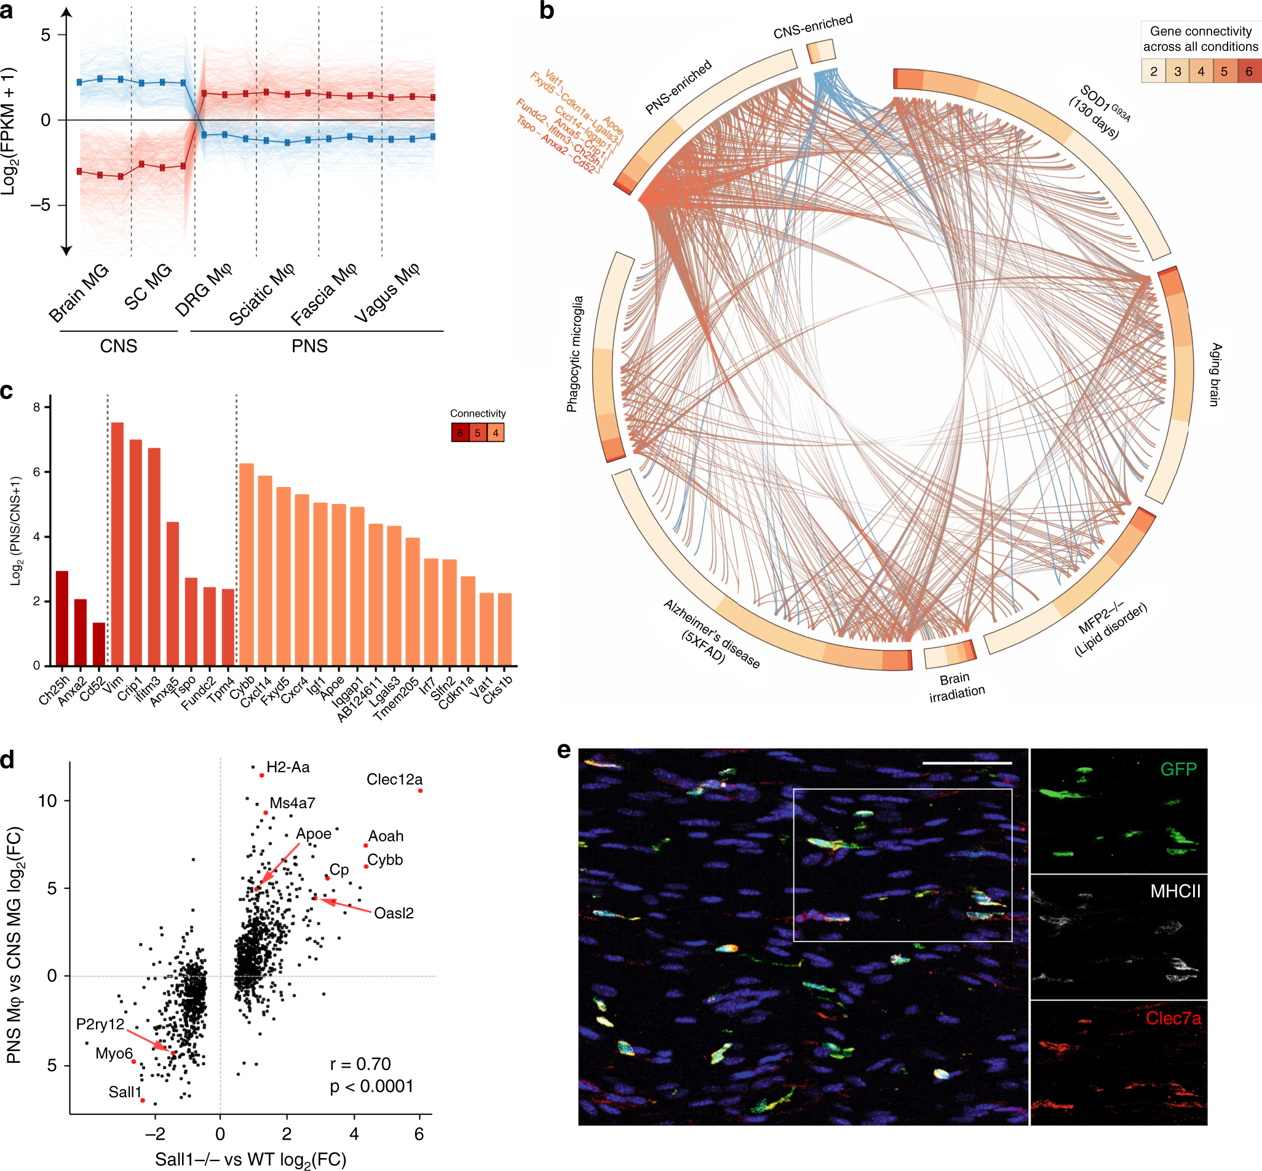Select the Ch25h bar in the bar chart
tap(62, 618)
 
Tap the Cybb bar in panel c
tap(247, 564)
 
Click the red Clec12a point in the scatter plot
tap(420, 791)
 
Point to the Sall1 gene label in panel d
tap(125, 1092)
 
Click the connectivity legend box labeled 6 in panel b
tap(1248, 71)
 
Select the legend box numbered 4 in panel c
tap(495, 433)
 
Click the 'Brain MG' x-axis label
tap(79, 293)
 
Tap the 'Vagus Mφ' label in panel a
tap(387, 292)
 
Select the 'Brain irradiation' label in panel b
tap(956, 686)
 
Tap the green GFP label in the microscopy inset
tap(1178, 769)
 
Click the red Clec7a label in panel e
tap(1173, 1019)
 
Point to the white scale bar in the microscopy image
tap(967, 763)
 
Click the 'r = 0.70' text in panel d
tap(360, 1064)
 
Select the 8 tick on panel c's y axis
tap(37, 408)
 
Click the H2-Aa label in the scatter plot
tap(288, 767)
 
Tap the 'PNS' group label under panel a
tap(309, 346)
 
